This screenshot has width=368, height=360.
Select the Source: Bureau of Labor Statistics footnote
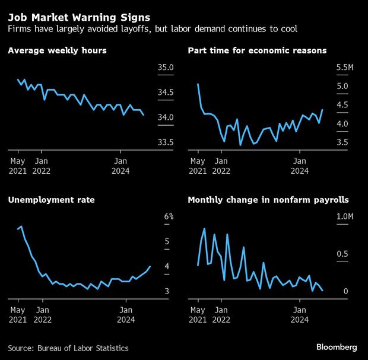(68, 348)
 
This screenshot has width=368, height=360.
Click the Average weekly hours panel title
(58, 51)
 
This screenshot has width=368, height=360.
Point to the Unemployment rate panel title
(52, 200)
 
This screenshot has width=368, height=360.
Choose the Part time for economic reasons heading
(257, 51)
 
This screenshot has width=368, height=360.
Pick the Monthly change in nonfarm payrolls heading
(268, 200)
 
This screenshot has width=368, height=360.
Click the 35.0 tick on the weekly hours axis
(166, 68)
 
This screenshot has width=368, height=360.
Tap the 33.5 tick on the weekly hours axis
(166, 142)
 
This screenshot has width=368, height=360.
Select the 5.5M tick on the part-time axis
(345, 68)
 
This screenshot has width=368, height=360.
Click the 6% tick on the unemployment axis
(169, 216)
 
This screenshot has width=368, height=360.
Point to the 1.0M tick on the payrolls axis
(345, 216)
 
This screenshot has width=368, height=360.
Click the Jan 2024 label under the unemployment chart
(126, 314)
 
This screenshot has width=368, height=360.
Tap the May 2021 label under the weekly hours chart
(18, 165)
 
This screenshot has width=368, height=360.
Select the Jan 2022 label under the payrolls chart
(221, 314)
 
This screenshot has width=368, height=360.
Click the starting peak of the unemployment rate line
(21, 227)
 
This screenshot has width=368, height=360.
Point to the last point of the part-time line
(322, 110)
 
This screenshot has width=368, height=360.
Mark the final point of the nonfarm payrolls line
(322, 291)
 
